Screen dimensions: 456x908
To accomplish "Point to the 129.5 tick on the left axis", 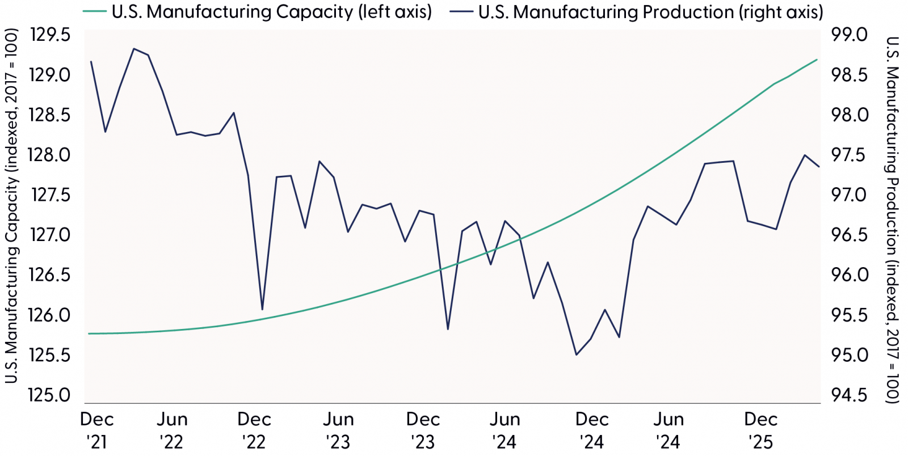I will [50, 35].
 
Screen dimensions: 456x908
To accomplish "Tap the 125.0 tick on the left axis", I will [50, 395].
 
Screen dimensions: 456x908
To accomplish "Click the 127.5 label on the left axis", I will [50, 195].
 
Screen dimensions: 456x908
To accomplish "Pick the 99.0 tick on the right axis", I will [849, 35].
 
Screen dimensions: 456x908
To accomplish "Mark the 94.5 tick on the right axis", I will [849, 395].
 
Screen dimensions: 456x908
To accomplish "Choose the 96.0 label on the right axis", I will [849, 275].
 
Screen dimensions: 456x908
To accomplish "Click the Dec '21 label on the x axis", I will [96, 430].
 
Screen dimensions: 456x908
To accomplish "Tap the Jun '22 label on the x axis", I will [171, 430].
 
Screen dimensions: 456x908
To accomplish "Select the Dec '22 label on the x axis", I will [254, 430].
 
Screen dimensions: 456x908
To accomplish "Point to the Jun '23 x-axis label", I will [338, 430].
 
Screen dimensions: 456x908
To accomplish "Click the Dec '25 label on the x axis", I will [760, 430].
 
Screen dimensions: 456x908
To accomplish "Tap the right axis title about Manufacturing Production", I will [893, 220].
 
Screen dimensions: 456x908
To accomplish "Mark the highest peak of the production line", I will [133, 49].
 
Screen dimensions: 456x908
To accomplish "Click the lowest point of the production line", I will [577, 355].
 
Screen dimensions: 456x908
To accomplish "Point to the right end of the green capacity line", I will [817, 60].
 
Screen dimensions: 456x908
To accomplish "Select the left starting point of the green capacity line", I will [90, 333].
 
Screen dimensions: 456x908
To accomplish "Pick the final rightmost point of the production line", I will [818, 167].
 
